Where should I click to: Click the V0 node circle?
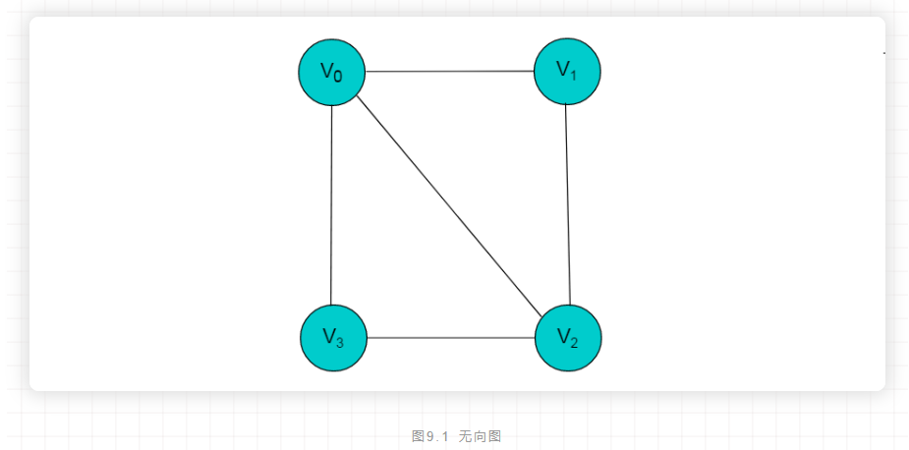point(332,72)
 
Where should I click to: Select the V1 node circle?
point(567,71)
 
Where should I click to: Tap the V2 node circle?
point(568,338)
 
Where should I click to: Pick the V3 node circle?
point(333,338)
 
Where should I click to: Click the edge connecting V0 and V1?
point(450,72)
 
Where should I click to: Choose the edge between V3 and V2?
point(450,338)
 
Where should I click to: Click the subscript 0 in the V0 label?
point(339,76)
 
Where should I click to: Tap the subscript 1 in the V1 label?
point(574,74)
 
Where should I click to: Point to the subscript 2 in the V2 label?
point(575,342)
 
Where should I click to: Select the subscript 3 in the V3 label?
point(340,342)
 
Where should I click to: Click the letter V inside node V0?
point(327,70)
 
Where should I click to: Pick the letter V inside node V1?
point(562,69)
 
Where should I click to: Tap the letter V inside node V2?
point(563,336)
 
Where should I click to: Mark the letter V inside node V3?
point(328,337)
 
